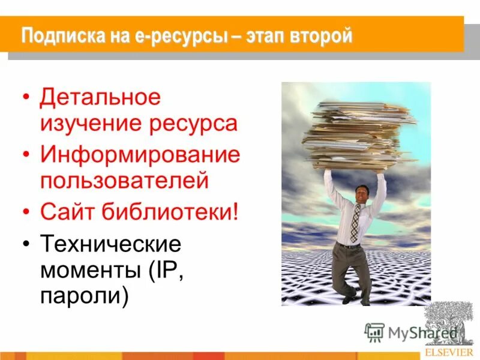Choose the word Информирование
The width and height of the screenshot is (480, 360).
[x=140, y=155]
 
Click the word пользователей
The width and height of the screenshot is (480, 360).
[x=124, y=180]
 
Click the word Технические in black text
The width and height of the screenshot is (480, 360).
[x=110, y=245]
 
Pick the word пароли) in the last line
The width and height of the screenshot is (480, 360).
[x=84, y=296]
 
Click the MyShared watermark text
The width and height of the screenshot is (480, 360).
[x=414, y=333]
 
